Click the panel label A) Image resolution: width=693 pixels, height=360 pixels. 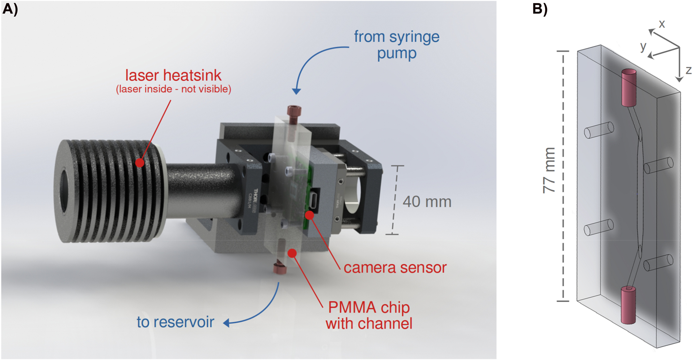[10, 9]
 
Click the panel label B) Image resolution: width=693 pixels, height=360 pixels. [540, 9]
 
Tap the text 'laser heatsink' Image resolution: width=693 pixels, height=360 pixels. [173, 75]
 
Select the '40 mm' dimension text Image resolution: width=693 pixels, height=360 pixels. [427, 202]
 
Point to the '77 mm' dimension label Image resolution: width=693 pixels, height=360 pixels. [549, 170]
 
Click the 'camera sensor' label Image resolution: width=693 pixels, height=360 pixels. [395, 268]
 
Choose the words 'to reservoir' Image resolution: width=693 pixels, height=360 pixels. [175, 322]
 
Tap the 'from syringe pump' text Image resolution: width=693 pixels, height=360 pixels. [397, 45]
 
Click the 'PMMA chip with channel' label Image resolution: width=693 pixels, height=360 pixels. [369, 315]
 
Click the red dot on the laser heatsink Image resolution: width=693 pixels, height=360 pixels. [140, 163]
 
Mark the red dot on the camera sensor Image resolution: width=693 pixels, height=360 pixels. [310, 215]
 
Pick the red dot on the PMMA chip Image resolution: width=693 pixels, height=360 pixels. [292, 253]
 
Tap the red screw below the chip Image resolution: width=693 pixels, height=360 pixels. [280, 268]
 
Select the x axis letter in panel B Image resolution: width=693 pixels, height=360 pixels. [662, 24]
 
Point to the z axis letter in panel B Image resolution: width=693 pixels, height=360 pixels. [688, 70]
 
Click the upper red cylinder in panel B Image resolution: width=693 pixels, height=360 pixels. [629, 87]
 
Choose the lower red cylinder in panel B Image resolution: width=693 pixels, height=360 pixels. [628, 305]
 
